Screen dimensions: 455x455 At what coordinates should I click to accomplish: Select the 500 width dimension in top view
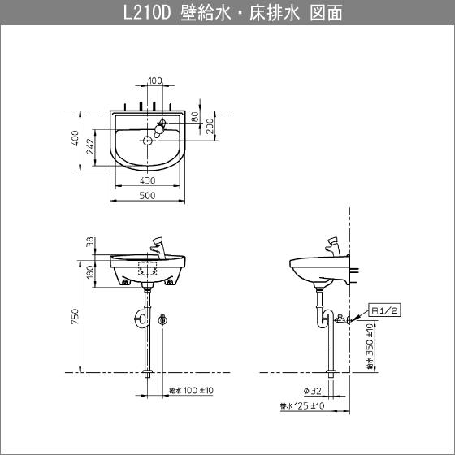pyautogui.click(x=148, y=196)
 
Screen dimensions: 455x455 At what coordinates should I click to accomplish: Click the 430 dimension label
pyautogui.click(x=148, y=180)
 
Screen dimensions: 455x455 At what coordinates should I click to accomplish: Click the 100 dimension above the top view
pyautogui.click(x=154, y=80)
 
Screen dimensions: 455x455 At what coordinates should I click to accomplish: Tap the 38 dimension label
pyautogui.click(x=89, y=241)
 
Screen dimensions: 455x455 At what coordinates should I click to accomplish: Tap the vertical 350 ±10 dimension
pyautogui.click(x=370, y=345)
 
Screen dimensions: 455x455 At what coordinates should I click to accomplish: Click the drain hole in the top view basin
pyautogui.click(x=147, y=141)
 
